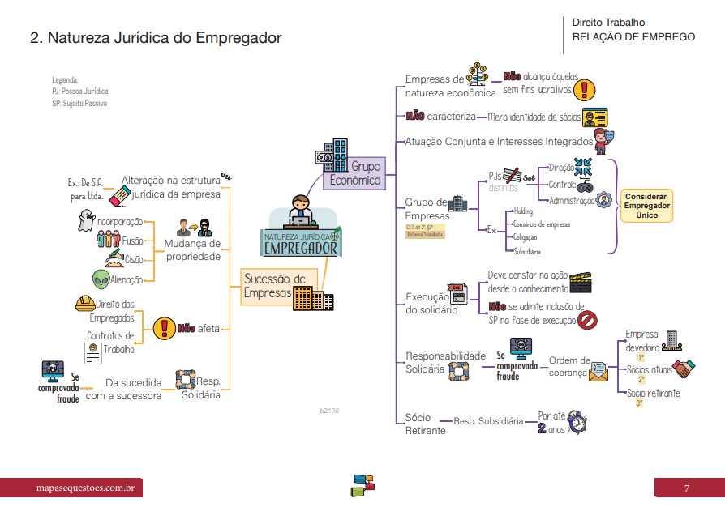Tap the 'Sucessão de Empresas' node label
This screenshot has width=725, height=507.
(x=274, y=285)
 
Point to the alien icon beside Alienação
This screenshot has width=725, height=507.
(x=101, y=279)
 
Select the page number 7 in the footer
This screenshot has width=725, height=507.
(x=686, y=488)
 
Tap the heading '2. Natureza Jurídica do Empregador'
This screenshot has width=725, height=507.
(x=156, y=38)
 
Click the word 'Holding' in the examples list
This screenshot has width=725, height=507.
(x=523, y=211)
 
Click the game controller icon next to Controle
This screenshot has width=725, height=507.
(x=584, y=185)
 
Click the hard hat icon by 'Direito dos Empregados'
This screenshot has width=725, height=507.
(x=84, y=304)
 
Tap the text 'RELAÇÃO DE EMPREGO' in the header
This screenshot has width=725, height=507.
(x=633, y=36)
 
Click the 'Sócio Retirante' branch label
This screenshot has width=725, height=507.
(x=425, y=424)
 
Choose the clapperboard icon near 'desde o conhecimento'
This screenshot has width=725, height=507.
(x=580, y=282)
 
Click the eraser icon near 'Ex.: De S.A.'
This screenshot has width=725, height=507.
(x=119, y=195)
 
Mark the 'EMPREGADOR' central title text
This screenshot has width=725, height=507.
(x=300, y=247)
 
